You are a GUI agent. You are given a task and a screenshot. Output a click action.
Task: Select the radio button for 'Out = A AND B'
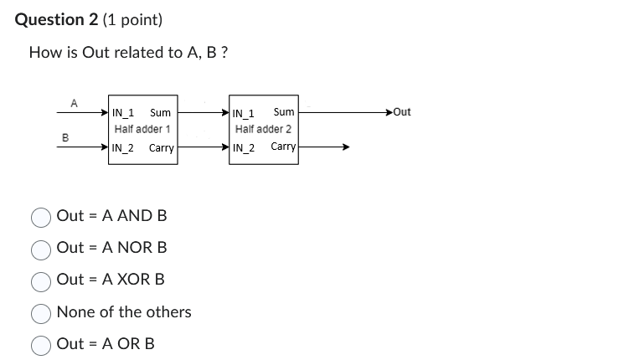[42, 217]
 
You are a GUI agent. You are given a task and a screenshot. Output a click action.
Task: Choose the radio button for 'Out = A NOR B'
[42, 249]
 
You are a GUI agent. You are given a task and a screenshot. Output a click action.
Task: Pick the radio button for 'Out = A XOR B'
[42, 280]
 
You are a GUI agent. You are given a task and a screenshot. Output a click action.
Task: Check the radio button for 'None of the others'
[42, 313]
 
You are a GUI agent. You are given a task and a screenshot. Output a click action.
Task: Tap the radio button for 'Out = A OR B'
[42, 345]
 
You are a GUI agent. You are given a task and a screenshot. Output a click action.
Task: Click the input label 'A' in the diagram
[74, 103]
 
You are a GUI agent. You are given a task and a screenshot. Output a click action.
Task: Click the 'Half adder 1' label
[142, 130]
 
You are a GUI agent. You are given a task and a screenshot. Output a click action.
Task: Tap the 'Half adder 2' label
[263, 130]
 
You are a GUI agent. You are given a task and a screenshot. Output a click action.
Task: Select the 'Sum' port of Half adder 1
[160, 112]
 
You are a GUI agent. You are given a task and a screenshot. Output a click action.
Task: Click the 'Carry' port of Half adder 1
[161, 148]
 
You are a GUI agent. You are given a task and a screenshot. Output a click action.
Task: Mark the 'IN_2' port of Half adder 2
[244, 148]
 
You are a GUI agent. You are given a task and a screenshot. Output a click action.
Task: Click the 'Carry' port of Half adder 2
[283, 147]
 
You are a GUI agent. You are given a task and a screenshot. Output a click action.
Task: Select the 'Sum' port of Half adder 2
[283, 112]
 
